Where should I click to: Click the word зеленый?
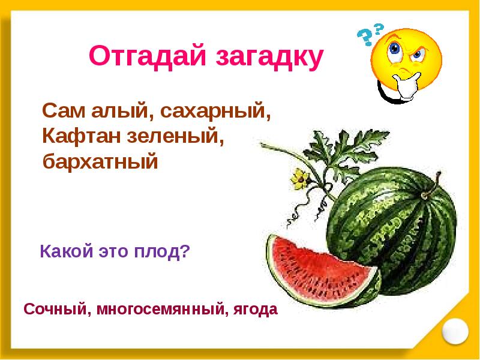click(x=178, y=137)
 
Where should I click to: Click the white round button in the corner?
click(x=455, y=329)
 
